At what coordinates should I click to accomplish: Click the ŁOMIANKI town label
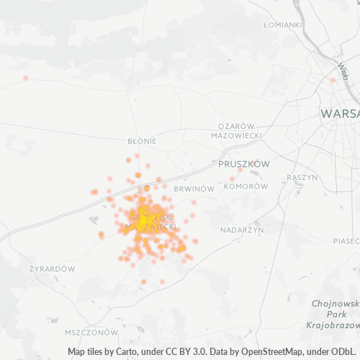pyautogui.click(x=282, y=24)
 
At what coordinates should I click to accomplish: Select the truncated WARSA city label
pyautogui.click(x=340, y=114)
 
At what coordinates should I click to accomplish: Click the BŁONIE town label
pyautogui.click(x=141, y=141)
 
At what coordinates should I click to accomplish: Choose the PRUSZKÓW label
pyautogui.click(x=243, y=164)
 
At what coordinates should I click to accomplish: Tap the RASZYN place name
pyautogui.click(x=302, y=177)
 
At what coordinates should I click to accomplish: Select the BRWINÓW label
pyautogui.click(x=194, y=189)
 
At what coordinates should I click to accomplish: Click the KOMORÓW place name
pyautogui.click(x=246, y=186)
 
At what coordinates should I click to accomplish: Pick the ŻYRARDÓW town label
pyautogui.click(x=52, y=269)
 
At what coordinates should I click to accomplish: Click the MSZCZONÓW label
pyautogui.click(x=91, y=333)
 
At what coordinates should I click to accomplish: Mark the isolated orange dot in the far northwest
pyautogui.click(x=25, y=78)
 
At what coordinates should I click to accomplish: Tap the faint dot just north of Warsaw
pyautogui.click(x=332, y=81)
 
